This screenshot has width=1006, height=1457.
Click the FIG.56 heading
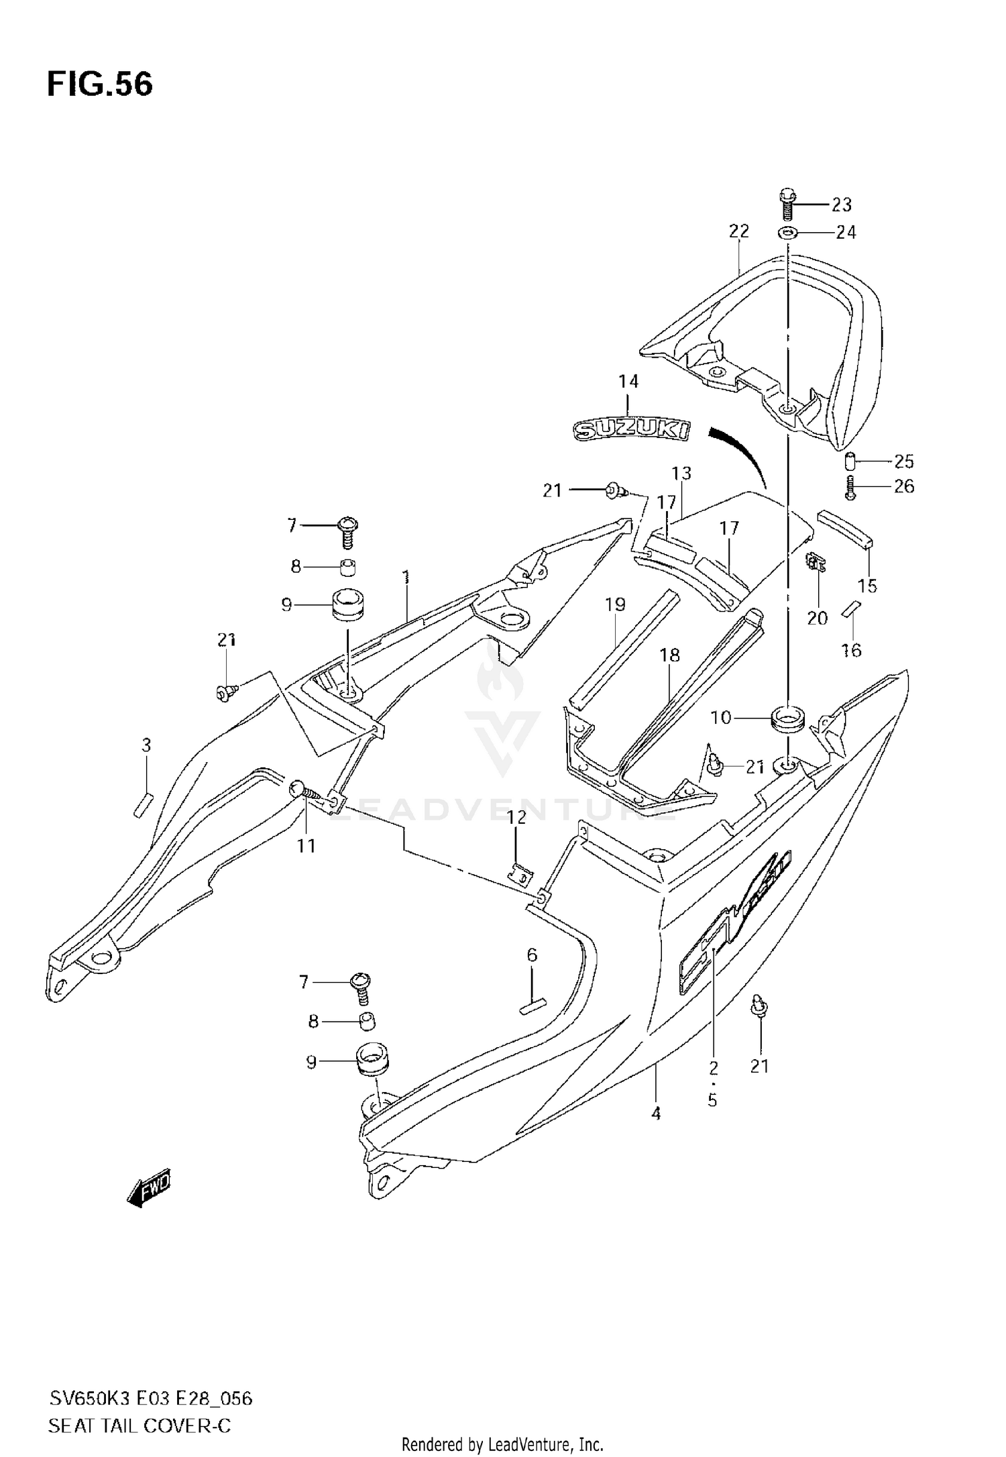[100, 85]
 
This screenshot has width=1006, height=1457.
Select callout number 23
[841, 204]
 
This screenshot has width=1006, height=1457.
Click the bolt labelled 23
[787, 205]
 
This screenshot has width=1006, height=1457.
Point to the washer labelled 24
[787, 233]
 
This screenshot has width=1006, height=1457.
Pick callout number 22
[738, 231]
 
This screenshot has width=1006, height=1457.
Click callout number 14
[628, 382]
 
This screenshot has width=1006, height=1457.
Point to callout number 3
[146, 745]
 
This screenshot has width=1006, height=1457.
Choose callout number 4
[656, 1114]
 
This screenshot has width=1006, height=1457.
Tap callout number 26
[904, 486]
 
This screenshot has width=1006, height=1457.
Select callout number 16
[851, 649]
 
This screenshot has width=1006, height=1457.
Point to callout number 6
[532, 955]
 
